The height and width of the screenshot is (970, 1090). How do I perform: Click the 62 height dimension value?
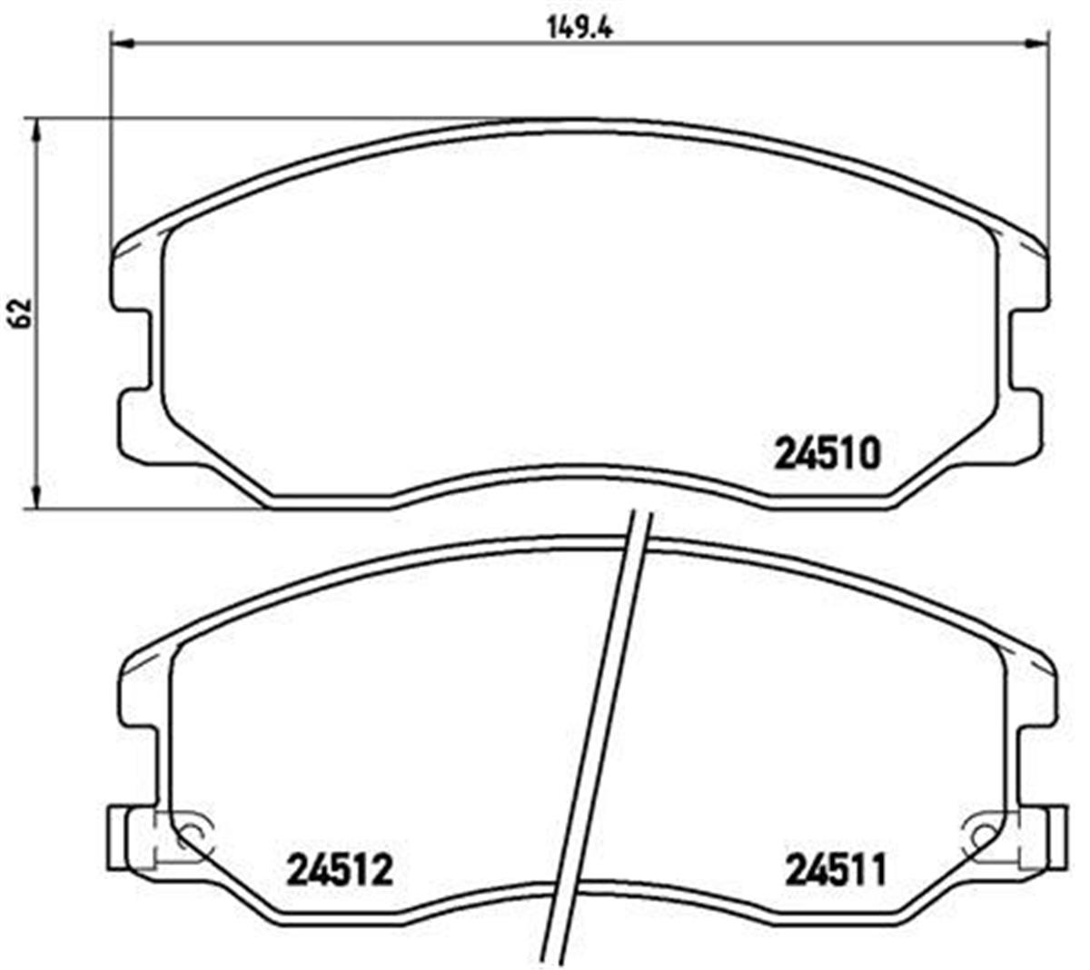click(x=22, y=312)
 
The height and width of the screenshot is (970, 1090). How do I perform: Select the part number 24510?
click(x=827, y=453)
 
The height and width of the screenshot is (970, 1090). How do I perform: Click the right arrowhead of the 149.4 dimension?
click(x=1036, y=42)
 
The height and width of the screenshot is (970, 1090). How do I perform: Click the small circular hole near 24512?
click(x=191, y=834)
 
